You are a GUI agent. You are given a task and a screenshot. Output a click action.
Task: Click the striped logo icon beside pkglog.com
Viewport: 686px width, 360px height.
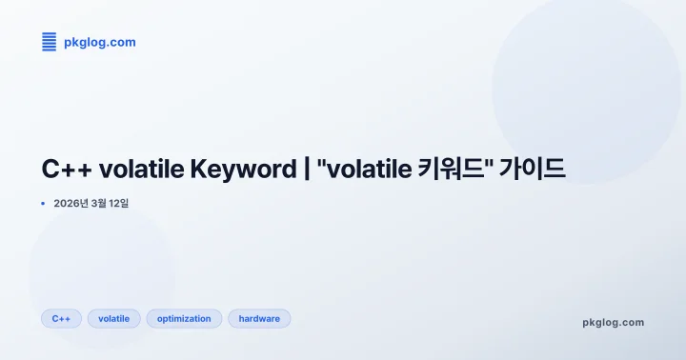pos(49,42)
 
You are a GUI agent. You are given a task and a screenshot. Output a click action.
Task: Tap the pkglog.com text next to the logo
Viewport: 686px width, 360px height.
pos(99,42)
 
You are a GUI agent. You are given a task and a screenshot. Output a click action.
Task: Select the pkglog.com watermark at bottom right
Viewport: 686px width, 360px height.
pos(613,322)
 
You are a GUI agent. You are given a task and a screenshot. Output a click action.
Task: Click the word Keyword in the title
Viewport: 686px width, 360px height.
pos(243,170)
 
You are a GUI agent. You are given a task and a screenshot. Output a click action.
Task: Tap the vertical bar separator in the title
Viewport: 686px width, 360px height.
pos(307,170)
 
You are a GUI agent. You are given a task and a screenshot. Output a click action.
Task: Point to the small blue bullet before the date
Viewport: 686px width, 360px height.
pos(43,204)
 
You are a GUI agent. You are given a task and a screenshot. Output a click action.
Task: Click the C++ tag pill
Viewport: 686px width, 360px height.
pos(61,318)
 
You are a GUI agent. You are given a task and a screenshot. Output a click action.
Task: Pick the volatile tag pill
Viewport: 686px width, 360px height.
pos(114,318)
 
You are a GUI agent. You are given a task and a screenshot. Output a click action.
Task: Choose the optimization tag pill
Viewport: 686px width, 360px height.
pos(184,318)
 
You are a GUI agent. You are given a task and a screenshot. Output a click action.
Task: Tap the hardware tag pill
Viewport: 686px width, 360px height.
pos(259,318)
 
